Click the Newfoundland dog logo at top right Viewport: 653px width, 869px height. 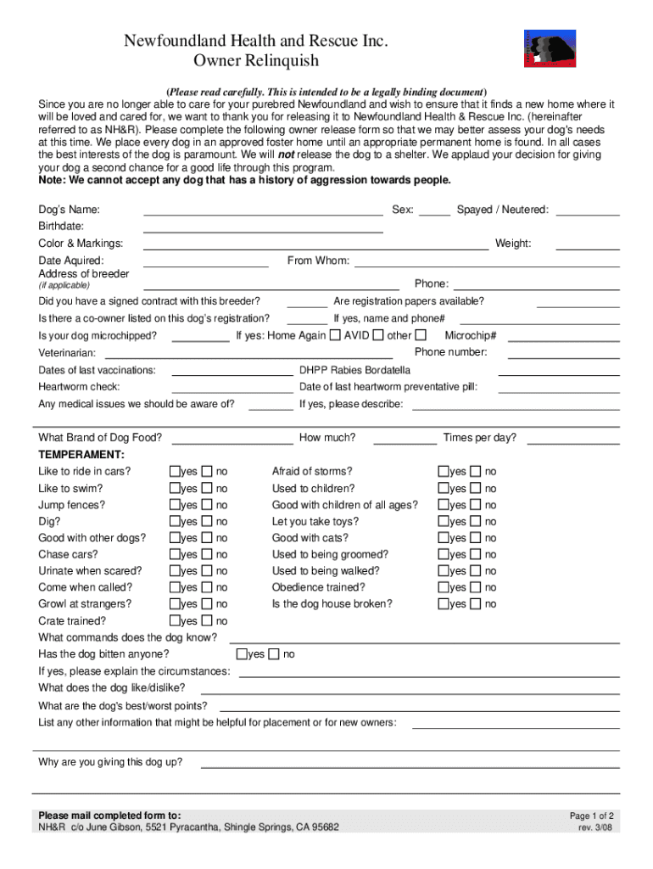[x=550, y=48]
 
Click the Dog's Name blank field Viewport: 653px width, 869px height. [x=263, y=210]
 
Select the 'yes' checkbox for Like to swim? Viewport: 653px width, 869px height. [x=176, y=488]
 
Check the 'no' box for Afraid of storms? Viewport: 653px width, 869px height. [x=476, y=471]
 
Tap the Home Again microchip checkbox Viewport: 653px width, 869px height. [x=335, y=335]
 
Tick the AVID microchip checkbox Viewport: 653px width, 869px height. [x=378, y=335]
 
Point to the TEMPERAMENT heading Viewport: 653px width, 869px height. [x=81, y=455]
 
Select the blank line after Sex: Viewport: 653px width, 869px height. [x=435, y=210]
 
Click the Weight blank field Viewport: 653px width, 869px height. [x=587, y=244]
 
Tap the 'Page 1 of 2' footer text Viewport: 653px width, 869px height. [x=591, y=816]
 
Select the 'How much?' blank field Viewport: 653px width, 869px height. [x=405, y=438]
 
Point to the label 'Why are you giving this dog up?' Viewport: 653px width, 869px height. [x=110, y=762]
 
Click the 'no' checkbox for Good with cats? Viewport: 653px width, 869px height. [x=476, y=537]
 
